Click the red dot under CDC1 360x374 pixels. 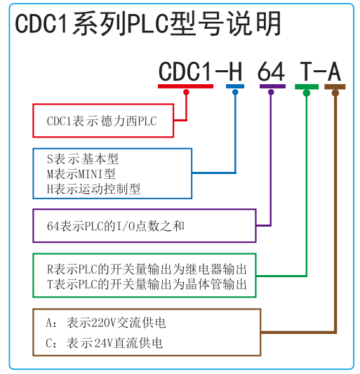(187, 92)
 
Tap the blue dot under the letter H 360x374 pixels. (235, 92)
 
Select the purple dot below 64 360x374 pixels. (271, 92)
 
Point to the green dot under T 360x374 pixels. (307, 93)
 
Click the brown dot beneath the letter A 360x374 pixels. (335, 93)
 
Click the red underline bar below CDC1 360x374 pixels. (185, 86)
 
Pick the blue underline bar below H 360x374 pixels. (235, 86)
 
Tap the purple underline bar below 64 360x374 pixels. (273, 86)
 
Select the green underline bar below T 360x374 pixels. (307, 87)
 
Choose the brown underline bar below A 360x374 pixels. (335, 87)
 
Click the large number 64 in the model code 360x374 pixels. (272, 72)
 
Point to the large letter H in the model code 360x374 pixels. (235, 72)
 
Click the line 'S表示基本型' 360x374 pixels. (83, 159)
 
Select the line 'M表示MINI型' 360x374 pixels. (81, 173)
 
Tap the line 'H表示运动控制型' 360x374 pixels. (93, 189)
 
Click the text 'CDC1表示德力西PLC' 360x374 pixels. (102, 121)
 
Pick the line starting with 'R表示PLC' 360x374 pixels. (147, 269)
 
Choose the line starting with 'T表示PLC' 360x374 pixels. (147, 284)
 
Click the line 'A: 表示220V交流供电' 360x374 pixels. (106, 323)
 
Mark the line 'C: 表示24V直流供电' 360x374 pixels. (105, 343)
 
